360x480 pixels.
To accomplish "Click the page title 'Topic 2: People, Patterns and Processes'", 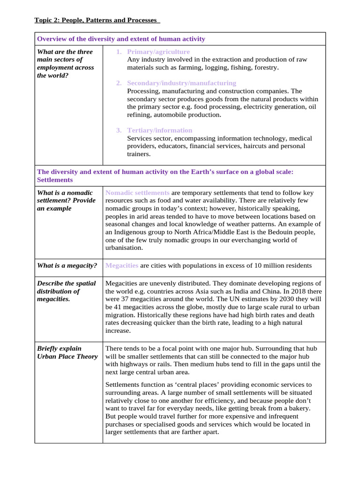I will tap(97, 20).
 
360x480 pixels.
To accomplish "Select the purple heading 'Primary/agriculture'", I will tap(158, 52).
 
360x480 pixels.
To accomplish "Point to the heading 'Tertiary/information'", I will tap(159, 130).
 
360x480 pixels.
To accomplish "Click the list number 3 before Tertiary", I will tap(119, 130).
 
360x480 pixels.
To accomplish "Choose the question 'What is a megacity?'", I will tap(67, 266).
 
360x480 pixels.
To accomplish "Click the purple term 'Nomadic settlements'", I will tap(137, 193).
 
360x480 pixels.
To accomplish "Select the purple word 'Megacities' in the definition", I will tap(122, 266).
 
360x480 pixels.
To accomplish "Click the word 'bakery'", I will tap(298, 408).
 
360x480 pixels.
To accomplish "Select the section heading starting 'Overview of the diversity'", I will tap(121, 39).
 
